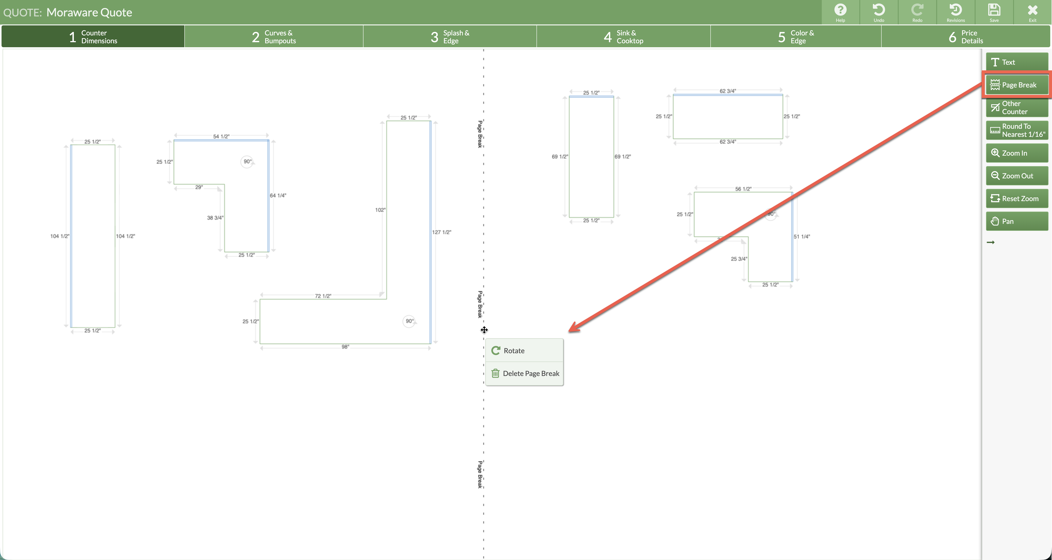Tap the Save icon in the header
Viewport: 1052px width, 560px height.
(994, 12)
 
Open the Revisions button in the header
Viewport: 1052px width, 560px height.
(956, 12)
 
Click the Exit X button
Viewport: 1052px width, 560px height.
(1032, 12)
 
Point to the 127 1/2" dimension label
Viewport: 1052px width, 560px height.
(441, 232)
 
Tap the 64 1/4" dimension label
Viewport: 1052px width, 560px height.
(278, 195)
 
